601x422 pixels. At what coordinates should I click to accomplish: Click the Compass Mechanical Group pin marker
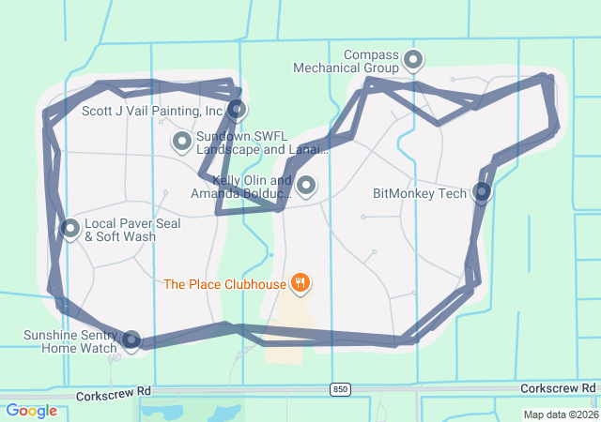(413, 61)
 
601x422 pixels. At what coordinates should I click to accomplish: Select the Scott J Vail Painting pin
(238, 109)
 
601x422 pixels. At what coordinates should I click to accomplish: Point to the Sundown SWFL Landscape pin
(181, 142)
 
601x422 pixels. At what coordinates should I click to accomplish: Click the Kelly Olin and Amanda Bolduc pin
(305, 186)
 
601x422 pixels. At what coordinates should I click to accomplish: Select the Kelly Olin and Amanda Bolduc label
(242, 187)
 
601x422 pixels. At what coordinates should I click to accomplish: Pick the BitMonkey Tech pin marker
(482, 192)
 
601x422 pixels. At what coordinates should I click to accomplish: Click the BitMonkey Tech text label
(420, 194)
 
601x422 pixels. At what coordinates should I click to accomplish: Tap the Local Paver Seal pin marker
(69, 228)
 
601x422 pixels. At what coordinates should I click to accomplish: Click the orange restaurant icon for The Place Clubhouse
(300, 281)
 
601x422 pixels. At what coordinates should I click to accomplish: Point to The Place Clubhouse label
(224, 283)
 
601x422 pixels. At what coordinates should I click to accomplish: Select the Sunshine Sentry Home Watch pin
(131, 340)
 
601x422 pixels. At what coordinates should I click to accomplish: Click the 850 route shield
(341, 389)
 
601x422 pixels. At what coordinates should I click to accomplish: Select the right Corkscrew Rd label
(558, 388)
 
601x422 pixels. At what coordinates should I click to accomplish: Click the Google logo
(32, 411)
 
